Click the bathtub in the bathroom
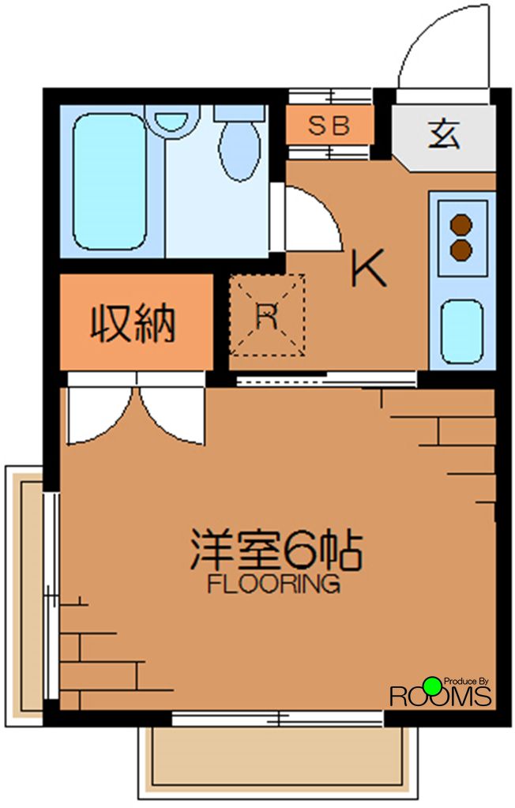coord(111,181)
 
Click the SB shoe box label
coord(328,126)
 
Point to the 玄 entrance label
coord(444,133)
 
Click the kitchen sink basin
coord(461,331)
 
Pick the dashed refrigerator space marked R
coord(266,315)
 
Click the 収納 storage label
coord(133,323)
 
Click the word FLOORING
coord(273,585)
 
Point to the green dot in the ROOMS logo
coord(431,686)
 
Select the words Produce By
coord(468,681)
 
